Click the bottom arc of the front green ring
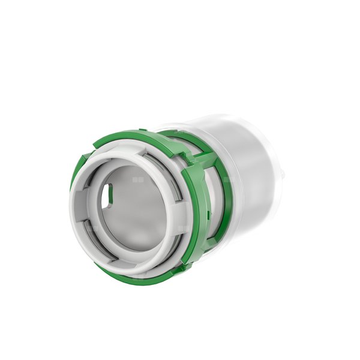click(138, 278)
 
